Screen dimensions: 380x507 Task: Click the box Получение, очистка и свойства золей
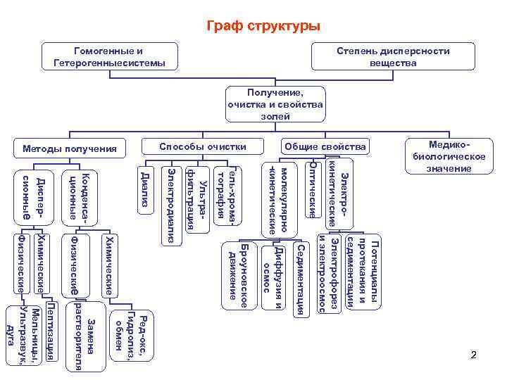(275, 104)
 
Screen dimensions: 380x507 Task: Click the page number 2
(474, 357)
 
